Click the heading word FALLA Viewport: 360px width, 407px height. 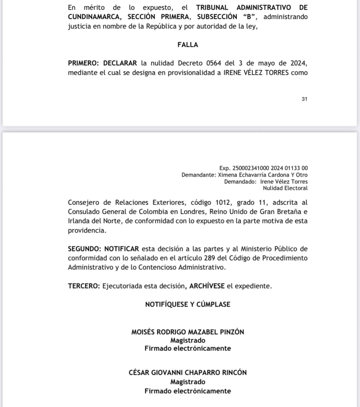[x=188, y=45]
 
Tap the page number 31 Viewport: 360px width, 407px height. [x=304, y=99]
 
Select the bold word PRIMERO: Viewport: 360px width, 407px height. [x=84, y=63]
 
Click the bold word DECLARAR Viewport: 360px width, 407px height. [x=120, y=63]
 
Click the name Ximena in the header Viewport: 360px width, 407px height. [x=229, y=175]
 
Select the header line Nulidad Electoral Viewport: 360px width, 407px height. [x=288, y=188]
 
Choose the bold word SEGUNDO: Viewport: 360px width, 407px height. [x=84, y=249]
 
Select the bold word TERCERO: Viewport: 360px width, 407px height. [x=84, y=286]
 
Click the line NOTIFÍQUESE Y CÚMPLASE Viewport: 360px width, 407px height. [x=188, y=304]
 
